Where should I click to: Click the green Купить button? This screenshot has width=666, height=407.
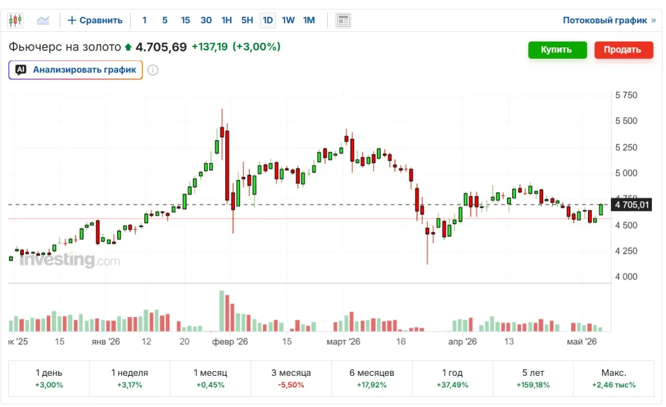pos(557,50)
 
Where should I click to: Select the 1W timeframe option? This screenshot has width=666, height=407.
pos(288,20)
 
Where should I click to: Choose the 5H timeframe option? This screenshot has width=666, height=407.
pos(247,20)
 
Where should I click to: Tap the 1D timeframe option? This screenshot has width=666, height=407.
pos(267,20)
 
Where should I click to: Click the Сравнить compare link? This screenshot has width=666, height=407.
pos(95,20)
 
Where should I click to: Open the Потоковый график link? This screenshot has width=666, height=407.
pos(609,20)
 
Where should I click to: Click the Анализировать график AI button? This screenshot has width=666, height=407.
pos(75,70)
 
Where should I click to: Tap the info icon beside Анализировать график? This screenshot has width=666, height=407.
pos(153,70)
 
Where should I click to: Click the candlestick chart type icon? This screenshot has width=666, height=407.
pos(15,20)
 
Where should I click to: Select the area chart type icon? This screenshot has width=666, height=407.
pos(43,20)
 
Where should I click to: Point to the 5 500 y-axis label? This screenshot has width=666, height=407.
pos(626,121)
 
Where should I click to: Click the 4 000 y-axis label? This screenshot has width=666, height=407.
pos(626,277)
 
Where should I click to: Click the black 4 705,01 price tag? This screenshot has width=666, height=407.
pos(631,205)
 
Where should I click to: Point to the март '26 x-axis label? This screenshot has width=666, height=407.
pos(343,342)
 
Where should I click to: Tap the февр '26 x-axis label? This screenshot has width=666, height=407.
pos(230,342)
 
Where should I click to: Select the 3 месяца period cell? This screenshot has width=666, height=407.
pos(291,378)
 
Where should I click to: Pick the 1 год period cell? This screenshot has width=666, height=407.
pos(453,378)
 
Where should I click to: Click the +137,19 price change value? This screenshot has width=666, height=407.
pos(210,47)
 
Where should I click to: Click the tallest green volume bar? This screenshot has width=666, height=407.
pos(222,311)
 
